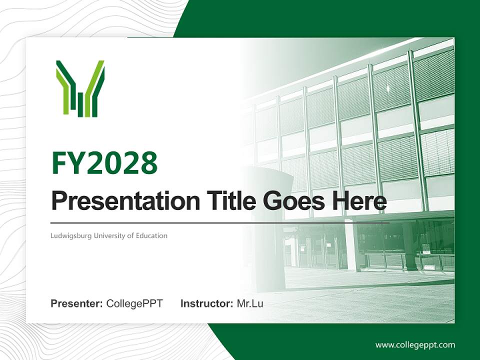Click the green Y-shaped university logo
[80, 88]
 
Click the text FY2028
[104, 163]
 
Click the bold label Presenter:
[77, 303]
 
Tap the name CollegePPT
[134, 303]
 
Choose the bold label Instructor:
[206, 303]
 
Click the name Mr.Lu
[250, 303]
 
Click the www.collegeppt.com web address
[415, 345]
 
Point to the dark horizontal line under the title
[220, 222]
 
